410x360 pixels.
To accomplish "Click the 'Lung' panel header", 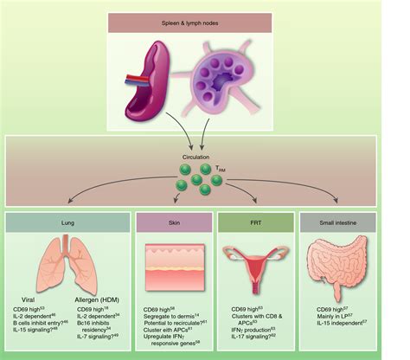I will coord(73,221).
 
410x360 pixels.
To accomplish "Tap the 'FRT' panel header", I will coord(259,221).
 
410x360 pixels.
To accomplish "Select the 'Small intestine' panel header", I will coord(341,221).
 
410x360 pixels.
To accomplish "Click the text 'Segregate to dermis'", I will coord(170,316).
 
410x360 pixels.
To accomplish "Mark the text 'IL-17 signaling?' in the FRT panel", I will coord(256,334).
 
